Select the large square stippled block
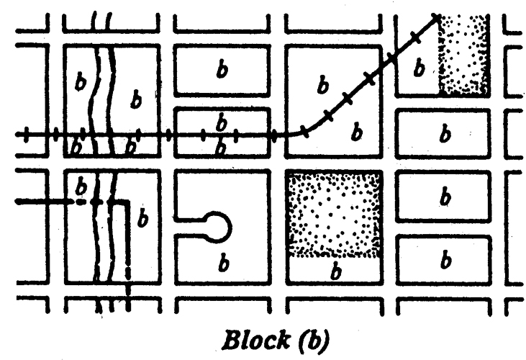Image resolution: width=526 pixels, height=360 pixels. pos(334,214)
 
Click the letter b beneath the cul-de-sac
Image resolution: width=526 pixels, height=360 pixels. pos(222,264)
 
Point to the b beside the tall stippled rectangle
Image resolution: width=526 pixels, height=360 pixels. pos(420,68)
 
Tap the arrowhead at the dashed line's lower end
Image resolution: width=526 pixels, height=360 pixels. pos(128,274)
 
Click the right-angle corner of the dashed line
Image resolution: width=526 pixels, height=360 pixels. pos(127,203)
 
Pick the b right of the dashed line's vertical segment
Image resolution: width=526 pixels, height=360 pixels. pos(142,218)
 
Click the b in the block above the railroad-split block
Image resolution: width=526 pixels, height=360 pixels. pos(222,70)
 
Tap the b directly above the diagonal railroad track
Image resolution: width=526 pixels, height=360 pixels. pos(323,87)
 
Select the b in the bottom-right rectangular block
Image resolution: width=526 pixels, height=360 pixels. pos(445,258)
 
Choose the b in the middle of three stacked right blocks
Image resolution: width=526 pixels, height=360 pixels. pos(445,195)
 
